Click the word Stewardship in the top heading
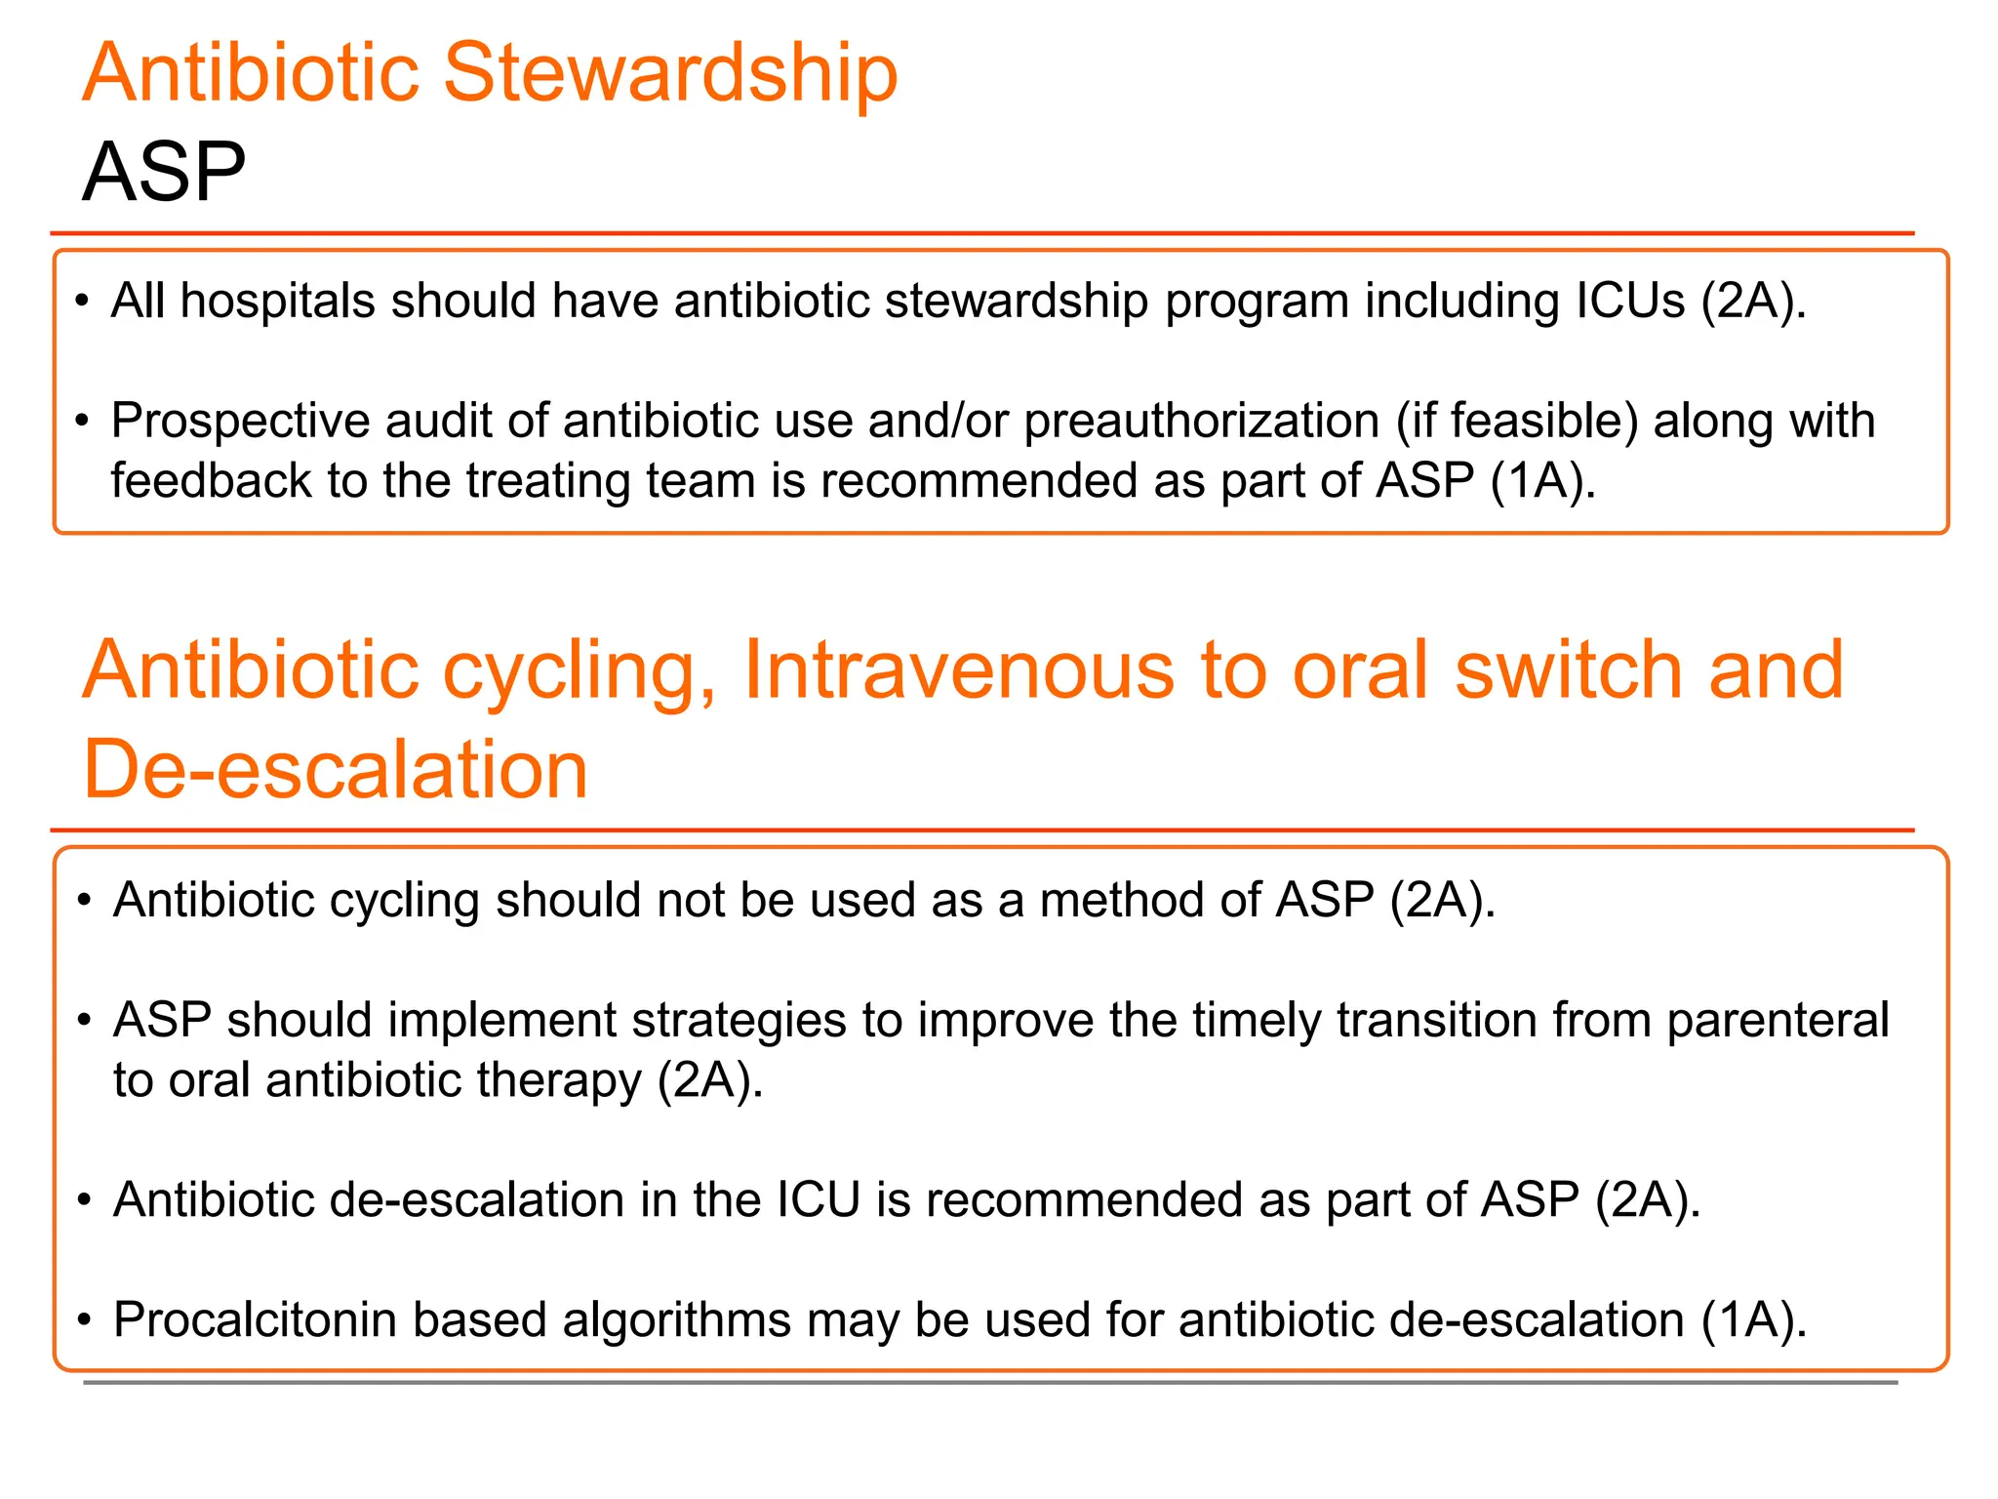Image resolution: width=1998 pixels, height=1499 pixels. point(670,73)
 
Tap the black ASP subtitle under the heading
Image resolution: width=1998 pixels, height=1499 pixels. point(164,173)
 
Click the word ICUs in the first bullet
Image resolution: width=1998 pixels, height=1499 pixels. point(1630,301)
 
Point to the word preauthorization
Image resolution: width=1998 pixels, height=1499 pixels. point(1201,422)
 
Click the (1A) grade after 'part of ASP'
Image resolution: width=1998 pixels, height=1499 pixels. point(1542,481)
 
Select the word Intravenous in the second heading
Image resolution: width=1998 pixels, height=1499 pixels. point(958,670)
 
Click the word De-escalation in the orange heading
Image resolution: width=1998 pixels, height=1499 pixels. point(336,770)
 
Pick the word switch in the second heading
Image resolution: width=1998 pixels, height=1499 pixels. point(1569,670)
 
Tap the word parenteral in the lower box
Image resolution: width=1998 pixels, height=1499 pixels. point(1778,1021)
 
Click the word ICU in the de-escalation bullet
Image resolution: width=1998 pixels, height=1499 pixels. point(818,1200)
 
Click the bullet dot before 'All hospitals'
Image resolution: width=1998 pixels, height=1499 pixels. point(83,301)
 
